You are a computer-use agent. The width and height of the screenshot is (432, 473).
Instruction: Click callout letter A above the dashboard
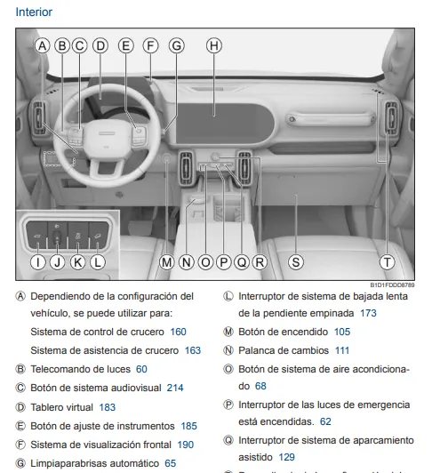pyautogui.click(x=43, y=45)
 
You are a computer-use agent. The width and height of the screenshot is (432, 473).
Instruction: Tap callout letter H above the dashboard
pyautogui.click(x=213, y=45)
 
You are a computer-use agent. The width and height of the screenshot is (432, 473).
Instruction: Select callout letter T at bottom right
pyautogui.click(x=387, y=261)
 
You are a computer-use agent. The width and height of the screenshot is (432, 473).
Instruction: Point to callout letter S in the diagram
pyautogui.click(x=296, y=261)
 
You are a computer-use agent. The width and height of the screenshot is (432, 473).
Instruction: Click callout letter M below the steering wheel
pyautogui.click(x=166, y=261)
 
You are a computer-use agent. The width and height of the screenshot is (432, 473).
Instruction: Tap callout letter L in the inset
pyautogui.click(x=97, y=261)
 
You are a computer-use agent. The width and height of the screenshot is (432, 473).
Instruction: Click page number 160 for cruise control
pyautogui.click(x=178, y=332)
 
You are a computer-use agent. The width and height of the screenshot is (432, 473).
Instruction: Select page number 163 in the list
pyautogui.click(x=193, y=350)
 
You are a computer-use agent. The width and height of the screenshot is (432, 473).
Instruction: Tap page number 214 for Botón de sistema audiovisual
pyautogui.click(x=174, y=388)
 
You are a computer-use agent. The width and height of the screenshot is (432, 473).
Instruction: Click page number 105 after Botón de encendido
pyautogui.click(x=342, y=332)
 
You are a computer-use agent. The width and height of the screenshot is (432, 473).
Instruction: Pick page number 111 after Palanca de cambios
pyautogui.click(x=341, y=350)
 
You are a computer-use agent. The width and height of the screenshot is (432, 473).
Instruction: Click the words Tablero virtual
pyautogui.click(x=62, y=407)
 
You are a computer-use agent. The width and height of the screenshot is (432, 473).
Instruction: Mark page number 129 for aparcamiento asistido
pyautogui.click(x=286, y=457)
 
